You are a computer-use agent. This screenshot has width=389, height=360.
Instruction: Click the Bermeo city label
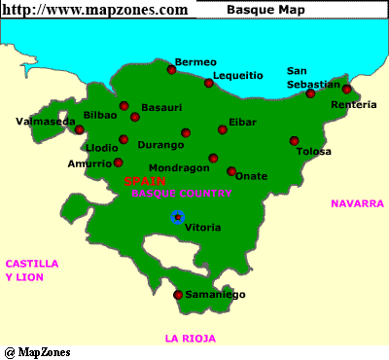(x=194, y=61)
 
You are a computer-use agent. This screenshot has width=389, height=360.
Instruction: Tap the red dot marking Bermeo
(x=171, y=69)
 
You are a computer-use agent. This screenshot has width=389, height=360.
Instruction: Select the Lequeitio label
(x=237, y=75)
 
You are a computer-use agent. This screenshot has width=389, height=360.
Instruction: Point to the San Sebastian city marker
(x=310, y=93)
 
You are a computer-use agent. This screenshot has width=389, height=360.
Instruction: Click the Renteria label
(x=352, y=104)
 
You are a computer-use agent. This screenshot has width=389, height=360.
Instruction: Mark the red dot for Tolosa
(x=294, y=140)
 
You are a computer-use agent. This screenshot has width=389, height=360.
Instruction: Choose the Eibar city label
(x=241, y=122)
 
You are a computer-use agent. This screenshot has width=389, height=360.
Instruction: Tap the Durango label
(x=160, y=145)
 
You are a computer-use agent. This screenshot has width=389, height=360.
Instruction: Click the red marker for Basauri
(x=134, y=117)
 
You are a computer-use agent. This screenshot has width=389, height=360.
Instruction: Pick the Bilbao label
(x=100, y=115)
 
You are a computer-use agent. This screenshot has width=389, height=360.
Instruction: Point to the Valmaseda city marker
(x=80, y=129)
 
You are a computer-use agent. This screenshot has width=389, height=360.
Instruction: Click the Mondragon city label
(x=179, y=167)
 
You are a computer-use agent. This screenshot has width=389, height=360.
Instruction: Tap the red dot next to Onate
(x=231, y=171)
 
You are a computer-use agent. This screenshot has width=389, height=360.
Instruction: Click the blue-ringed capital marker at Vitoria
(x=177, y=216)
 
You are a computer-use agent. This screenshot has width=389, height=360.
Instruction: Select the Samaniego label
(x=215, y=295)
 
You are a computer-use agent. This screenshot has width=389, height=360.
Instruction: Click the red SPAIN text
(x=144, y=181)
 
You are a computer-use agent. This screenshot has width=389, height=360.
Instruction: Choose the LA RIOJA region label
(x=191, y=339)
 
